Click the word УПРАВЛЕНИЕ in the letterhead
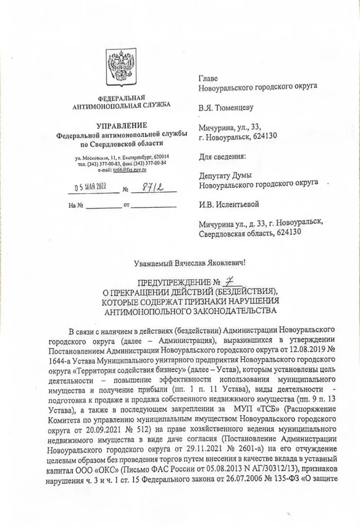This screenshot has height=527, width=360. point(122,125)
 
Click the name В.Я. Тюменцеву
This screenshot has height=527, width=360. point(226,107)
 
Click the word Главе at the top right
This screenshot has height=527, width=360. point(209,78)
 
